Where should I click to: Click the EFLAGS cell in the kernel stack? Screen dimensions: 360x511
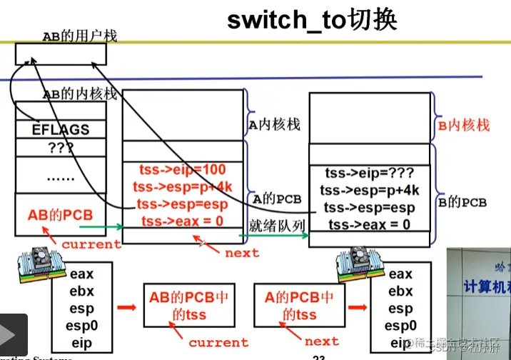[61, 129]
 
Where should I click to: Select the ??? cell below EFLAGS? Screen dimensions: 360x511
[61, 149]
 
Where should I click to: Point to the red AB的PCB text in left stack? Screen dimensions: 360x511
[60, 215]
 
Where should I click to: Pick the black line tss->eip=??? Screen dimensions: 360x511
[369, 174]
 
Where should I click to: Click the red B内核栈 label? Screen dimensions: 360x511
[463, 126]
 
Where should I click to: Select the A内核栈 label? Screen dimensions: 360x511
[275, 125]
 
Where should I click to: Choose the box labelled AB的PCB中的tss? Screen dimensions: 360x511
[188, 306]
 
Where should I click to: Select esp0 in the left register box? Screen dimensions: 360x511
[81, 326]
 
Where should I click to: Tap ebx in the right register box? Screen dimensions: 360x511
[400, 291]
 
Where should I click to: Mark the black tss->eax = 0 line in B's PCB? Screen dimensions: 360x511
[369, 224]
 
